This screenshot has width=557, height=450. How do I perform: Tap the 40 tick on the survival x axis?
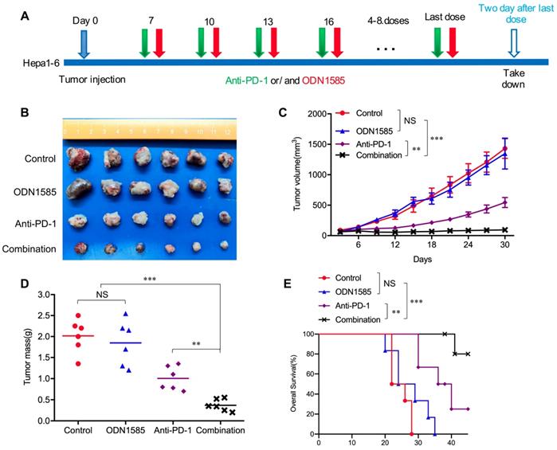coord(452,443)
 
